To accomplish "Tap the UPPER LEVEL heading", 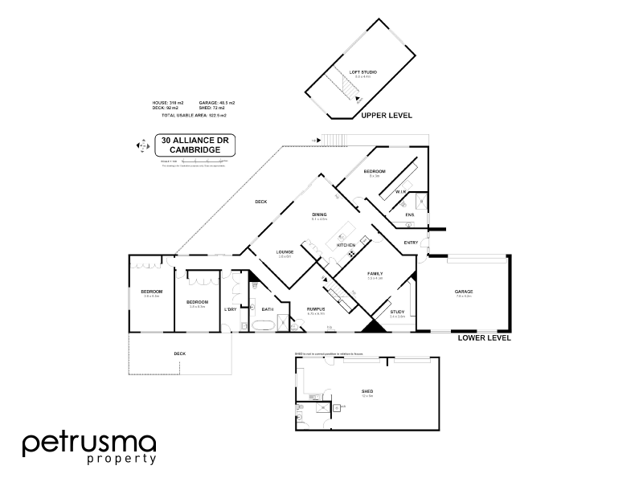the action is point(387,116).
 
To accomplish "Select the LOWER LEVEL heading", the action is point(485,338).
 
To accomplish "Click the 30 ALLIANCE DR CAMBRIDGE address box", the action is point(194,145).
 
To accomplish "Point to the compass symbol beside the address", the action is point(143,146).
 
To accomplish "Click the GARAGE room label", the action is point(464,292).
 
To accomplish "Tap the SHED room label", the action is point(367,391).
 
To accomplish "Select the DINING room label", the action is point(319,214).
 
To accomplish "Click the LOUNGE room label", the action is point(285,252).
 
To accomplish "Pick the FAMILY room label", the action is point(375,273).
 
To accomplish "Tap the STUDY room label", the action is point(397,312).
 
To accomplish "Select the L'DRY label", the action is point(231,309).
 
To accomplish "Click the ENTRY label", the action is point(411,243).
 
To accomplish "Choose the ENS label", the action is point(409,215).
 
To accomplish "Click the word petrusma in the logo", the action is point(88,443).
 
